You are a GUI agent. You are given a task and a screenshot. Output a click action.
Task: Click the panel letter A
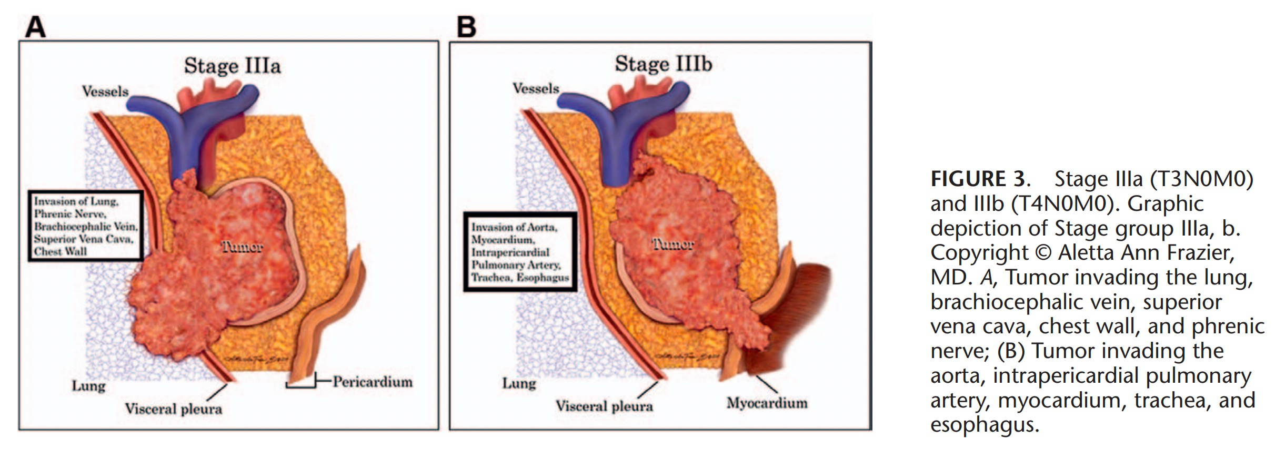[x=35, y=27]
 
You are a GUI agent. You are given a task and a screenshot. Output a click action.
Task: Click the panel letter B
[x=466, y=27]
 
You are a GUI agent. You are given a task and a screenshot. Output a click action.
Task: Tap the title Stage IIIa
[x=232, y=66]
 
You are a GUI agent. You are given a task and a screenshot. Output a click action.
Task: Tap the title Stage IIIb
[x=663, y=64]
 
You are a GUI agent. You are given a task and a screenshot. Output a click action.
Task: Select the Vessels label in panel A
[x=105, y=91]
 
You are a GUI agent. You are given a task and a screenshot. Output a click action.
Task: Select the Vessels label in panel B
[x=536, y=88]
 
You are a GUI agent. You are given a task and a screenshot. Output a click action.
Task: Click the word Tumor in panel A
[x=242, y=247]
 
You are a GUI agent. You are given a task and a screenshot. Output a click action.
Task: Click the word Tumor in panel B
[x=672, y=244]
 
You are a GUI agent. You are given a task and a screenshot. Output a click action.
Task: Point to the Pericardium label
[x=373, y=382]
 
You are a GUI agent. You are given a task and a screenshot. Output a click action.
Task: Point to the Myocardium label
[x=767, y=403]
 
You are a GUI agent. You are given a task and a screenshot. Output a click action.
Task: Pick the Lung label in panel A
[x=88, y=386]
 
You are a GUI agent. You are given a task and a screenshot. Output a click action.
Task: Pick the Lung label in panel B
[x=519, y=383]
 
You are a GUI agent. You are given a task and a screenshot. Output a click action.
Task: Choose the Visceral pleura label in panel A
[x=173, y=409]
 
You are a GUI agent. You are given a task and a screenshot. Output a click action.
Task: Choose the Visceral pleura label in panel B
[x=604, y=406]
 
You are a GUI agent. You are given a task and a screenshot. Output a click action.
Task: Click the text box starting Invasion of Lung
[x=85, y=226]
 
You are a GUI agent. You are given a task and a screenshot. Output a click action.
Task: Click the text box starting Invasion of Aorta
[x=520, y=252]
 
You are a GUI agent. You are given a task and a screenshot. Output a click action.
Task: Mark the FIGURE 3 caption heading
[x=978, y=179]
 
